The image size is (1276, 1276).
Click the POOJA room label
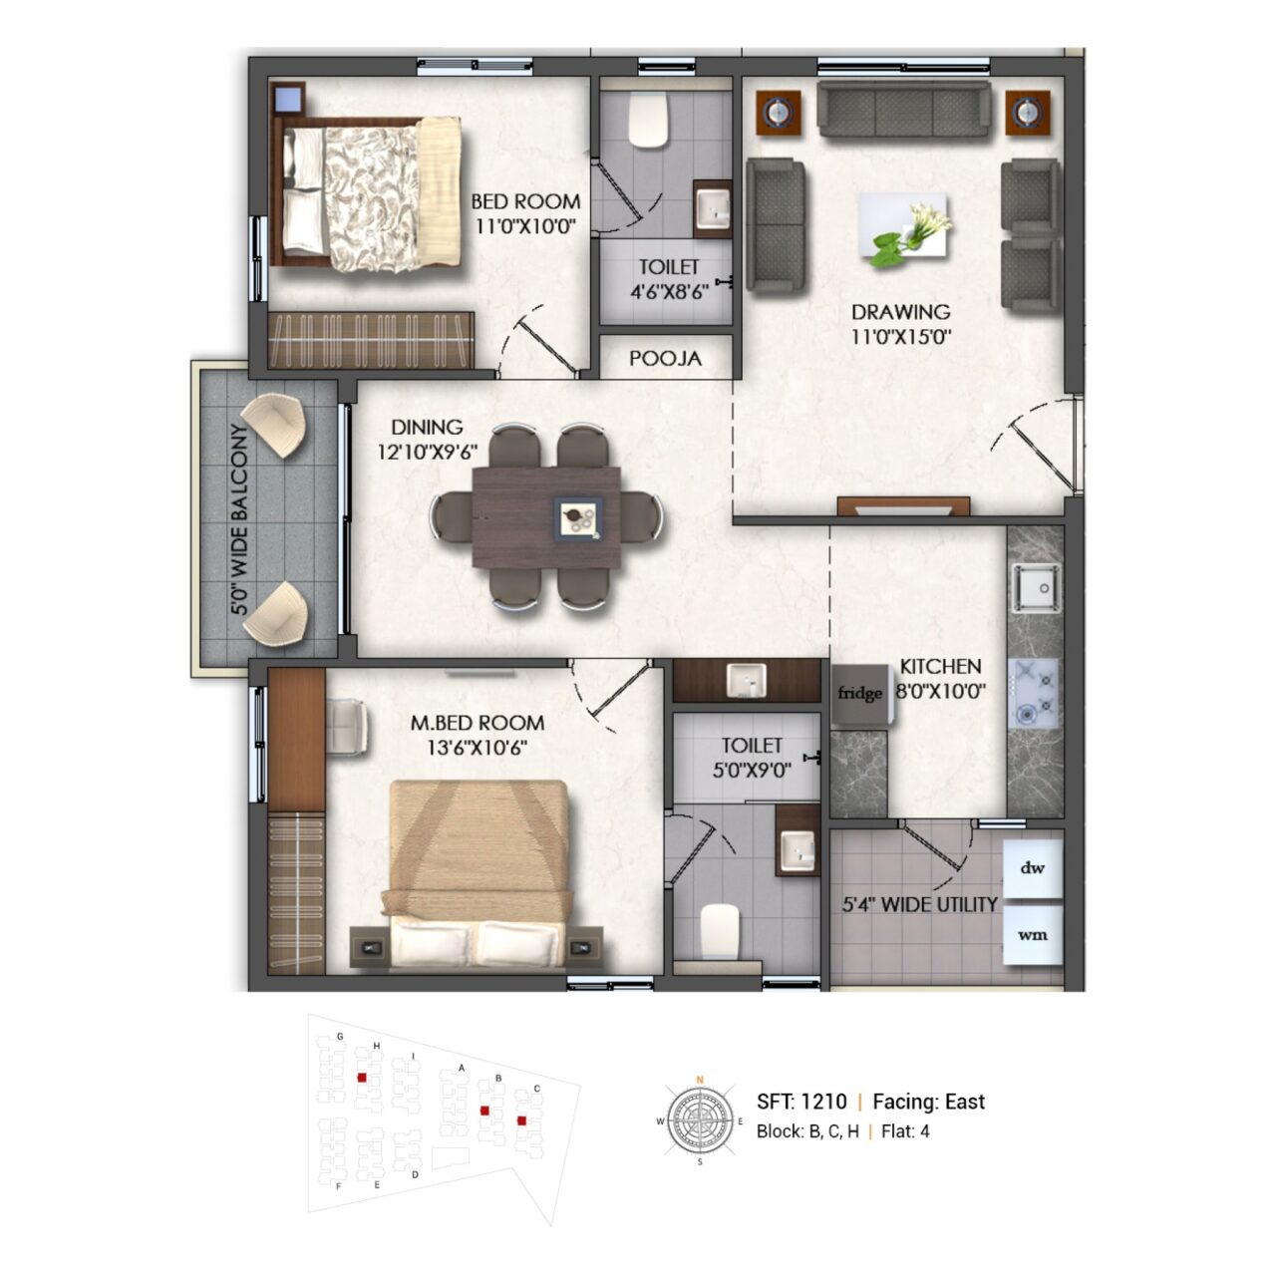point(665,359)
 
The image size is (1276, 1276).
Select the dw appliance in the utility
point(1033,868)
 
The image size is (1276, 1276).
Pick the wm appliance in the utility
point(1033,935)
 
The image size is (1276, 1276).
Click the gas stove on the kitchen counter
point(1033,693)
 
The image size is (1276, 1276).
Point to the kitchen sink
point(1036,587)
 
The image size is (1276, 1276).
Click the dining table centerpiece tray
point(578,519)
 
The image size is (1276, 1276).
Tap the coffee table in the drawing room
point(902,225)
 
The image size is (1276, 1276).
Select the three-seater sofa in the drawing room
point(903,110)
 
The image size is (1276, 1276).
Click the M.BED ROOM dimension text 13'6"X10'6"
point(477,748)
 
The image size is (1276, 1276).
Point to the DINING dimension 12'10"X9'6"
point(427,453)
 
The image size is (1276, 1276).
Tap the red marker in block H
point(362,1078)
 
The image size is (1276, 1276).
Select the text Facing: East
point(928,1102)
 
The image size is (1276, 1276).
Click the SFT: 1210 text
point(801,1102)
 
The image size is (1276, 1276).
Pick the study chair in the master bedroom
point(347,727)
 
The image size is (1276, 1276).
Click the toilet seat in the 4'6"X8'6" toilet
point(647,121)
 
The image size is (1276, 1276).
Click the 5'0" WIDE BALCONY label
point(239,518)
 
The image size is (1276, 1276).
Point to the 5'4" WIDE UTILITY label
point(919,904)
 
